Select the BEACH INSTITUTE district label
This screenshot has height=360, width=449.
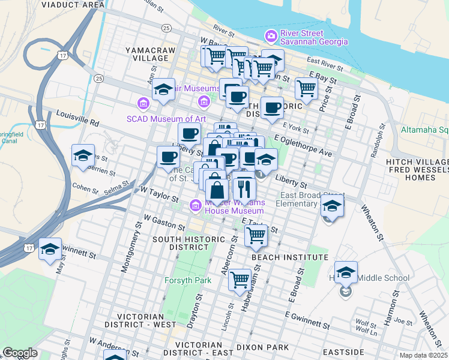click(290, 257)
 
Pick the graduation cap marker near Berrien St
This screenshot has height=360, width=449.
click(83, 157)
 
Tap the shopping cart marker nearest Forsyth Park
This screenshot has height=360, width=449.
click(240, 279)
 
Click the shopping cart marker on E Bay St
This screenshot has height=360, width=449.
click(306, 89)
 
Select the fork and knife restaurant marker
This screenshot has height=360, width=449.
click(244, 189)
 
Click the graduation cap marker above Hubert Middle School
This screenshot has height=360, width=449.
click(346, 273)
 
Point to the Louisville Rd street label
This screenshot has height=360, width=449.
click(77, 117)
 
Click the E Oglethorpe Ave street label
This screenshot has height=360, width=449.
click(303, 146)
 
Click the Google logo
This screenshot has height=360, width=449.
click(20, 353)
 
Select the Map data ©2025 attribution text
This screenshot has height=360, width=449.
click(423, 355)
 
